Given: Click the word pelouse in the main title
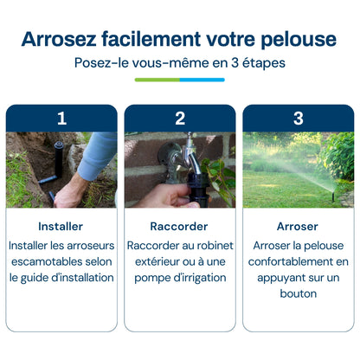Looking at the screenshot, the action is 299,40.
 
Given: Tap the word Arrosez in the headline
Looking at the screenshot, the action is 59,39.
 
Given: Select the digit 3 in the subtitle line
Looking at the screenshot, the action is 235,63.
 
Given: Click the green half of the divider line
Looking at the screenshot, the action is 157,80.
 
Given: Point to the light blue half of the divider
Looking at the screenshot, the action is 202,80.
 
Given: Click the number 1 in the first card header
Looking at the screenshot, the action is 61,119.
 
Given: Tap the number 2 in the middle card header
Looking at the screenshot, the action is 180,119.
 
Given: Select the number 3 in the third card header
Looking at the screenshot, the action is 299,119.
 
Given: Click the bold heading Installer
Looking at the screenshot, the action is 61,227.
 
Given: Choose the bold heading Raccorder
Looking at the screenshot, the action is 179,227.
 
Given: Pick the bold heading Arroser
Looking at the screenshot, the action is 298,227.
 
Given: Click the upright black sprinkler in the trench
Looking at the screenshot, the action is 59,159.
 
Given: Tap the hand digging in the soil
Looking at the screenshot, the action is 70,191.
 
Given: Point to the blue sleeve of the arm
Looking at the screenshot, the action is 97,156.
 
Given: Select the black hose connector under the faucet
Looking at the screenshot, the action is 198,189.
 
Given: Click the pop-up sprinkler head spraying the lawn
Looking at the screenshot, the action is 333,196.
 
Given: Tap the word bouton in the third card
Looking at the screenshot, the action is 299,293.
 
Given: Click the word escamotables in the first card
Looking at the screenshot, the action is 42,261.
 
